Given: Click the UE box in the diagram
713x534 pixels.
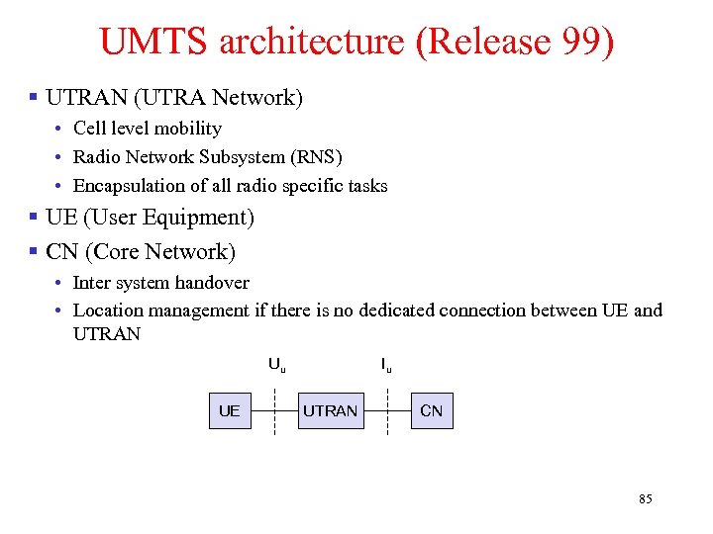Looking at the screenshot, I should tap(229, 410).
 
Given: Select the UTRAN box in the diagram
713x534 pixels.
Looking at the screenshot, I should tap(330, 410).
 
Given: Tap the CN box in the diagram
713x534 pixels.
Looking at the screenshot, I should tap(432, 410).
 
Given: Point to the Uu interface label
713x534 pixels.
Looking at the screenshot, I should tap(277, 365).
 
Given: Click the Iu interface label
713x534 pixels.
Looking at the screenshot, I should tap(386, 365).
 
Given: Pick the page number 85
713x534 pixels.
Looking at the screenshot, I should tap(645, 499).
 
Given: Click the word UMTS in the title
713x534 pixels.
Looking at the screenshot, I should tap(153, 42).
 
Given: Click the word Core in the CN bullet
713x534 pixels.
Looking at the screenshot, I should tap(122, 251).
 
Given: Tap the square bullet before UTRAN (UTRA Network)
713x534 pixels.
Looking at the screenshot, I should tap(34, 98).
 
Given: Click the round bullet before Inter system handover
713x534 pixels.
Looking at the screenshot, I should tap(60, 284).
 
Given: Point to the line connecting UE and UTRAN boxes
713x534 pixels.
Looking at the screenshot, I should tap(275, 409).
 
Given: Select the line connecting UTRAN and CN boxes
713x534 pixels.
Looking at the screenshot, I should tap(388, 409).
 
